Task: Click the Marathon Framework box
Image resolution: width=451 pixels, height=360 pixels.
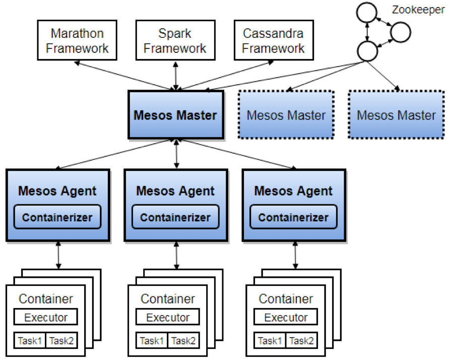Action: [x=77, y=40]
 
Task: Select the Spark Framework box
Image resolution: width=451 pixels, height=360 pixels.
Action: [x=175, y=40]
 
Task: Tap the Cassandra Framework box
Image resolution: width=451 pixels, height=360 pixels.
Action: [x=274, y=40]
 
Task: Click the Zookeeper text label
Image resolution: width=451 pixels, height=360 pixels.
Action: [x=418, y=10]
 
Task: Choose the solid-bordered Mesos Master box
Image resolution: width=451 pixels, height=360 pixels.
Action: [x=176, y=115]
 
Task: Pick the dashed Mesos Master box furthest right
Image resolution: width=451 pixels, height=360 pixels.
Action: [x=396, y=115]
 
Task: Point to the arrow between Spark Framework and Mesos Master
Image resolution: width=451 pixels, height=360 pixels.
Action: [x=176, y=76]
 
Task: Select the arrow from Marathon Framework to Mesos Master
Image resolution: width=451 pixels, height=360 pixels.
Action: [x=125, y=76]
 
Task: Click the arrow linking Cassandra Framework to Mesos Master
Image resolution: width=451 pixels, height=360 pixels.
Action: [x=225, y=76]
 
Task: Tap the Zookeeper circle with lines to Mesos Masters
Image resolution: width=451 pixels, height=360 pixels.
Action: [x=367, y=51]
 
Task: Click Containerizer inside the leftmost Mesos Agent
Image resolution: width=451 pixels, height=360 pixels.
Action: [x=57, y=217]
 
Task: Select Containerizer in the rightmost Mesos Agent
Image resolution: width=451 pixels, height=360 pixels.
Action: [x=293, y=217]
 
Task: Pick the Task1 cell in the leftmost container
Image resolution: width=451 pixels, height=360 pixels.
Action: [x=30, y=340]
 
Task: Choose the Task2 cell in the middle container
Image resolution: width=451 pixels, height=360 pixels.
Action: [x=183, y=340]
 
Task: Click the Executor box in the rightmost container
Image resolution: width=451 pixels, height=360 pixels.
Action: [x=286, y=317]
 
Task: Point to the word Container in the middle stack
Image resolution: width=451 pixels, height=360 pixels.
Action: [x=168, y=298]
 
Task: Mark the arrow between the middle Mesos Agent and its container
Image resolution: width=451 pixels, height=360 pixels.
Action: [x=176, y=256]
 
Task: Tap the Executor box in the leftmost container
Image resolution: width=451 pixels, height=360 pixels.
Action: [x=46, y=317]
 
